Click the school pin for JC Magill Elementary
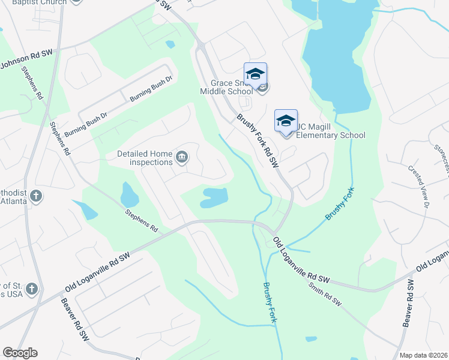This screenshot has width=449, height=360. [x=286, y=121]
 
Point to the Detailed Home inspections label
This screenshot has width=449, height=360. [x=145, y=158]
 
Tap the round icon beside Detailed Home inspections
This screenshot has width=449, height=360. [x=182, y=158]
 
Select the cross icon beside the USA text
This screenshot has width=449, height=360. [x=31, y=289]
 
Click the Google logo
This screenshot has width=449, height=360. [x=20, y=353]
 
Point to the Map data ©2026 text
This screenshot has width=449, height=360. [x=423, y=355]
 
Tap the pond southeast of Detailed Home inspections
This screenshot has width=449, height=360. [x=214, y=197]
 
